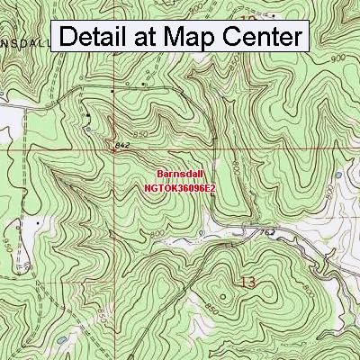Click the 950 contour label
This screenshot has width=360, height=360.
click(x=6, y=243)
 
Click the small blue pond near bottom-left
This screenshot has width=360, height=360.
click(x=60, y=339)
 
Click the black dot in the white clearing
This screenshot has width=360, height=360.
click(x=38, y=220)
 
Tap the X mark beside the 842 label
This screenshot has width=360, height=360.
click(x=113, y=151)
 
